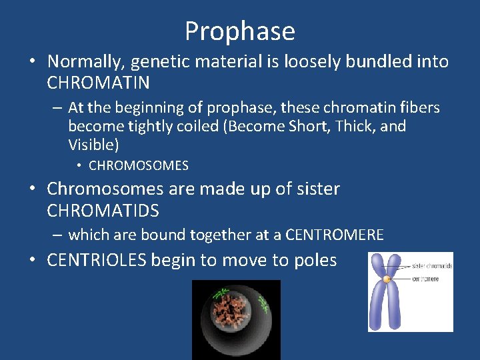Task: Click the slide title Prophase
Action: [x=240, y=31]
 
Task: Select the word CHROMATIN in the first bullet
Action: [x=99, y=83]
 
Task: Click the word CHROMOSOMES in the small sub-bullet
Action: [x=139, y=165]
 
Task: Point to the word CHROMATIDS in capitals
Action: [x=103, y=211]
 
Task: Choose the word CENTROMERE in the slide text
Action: [x=334, y=235]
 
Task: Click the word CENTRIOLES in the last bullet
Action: [x=97, y=260]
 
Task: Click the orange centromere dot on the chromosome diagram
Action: [x=387, y=279]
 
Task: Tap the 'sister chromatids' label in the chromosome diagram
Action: [x=432, y=266]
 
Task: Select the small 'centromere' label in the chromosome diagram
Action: [x=427, y=279]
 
